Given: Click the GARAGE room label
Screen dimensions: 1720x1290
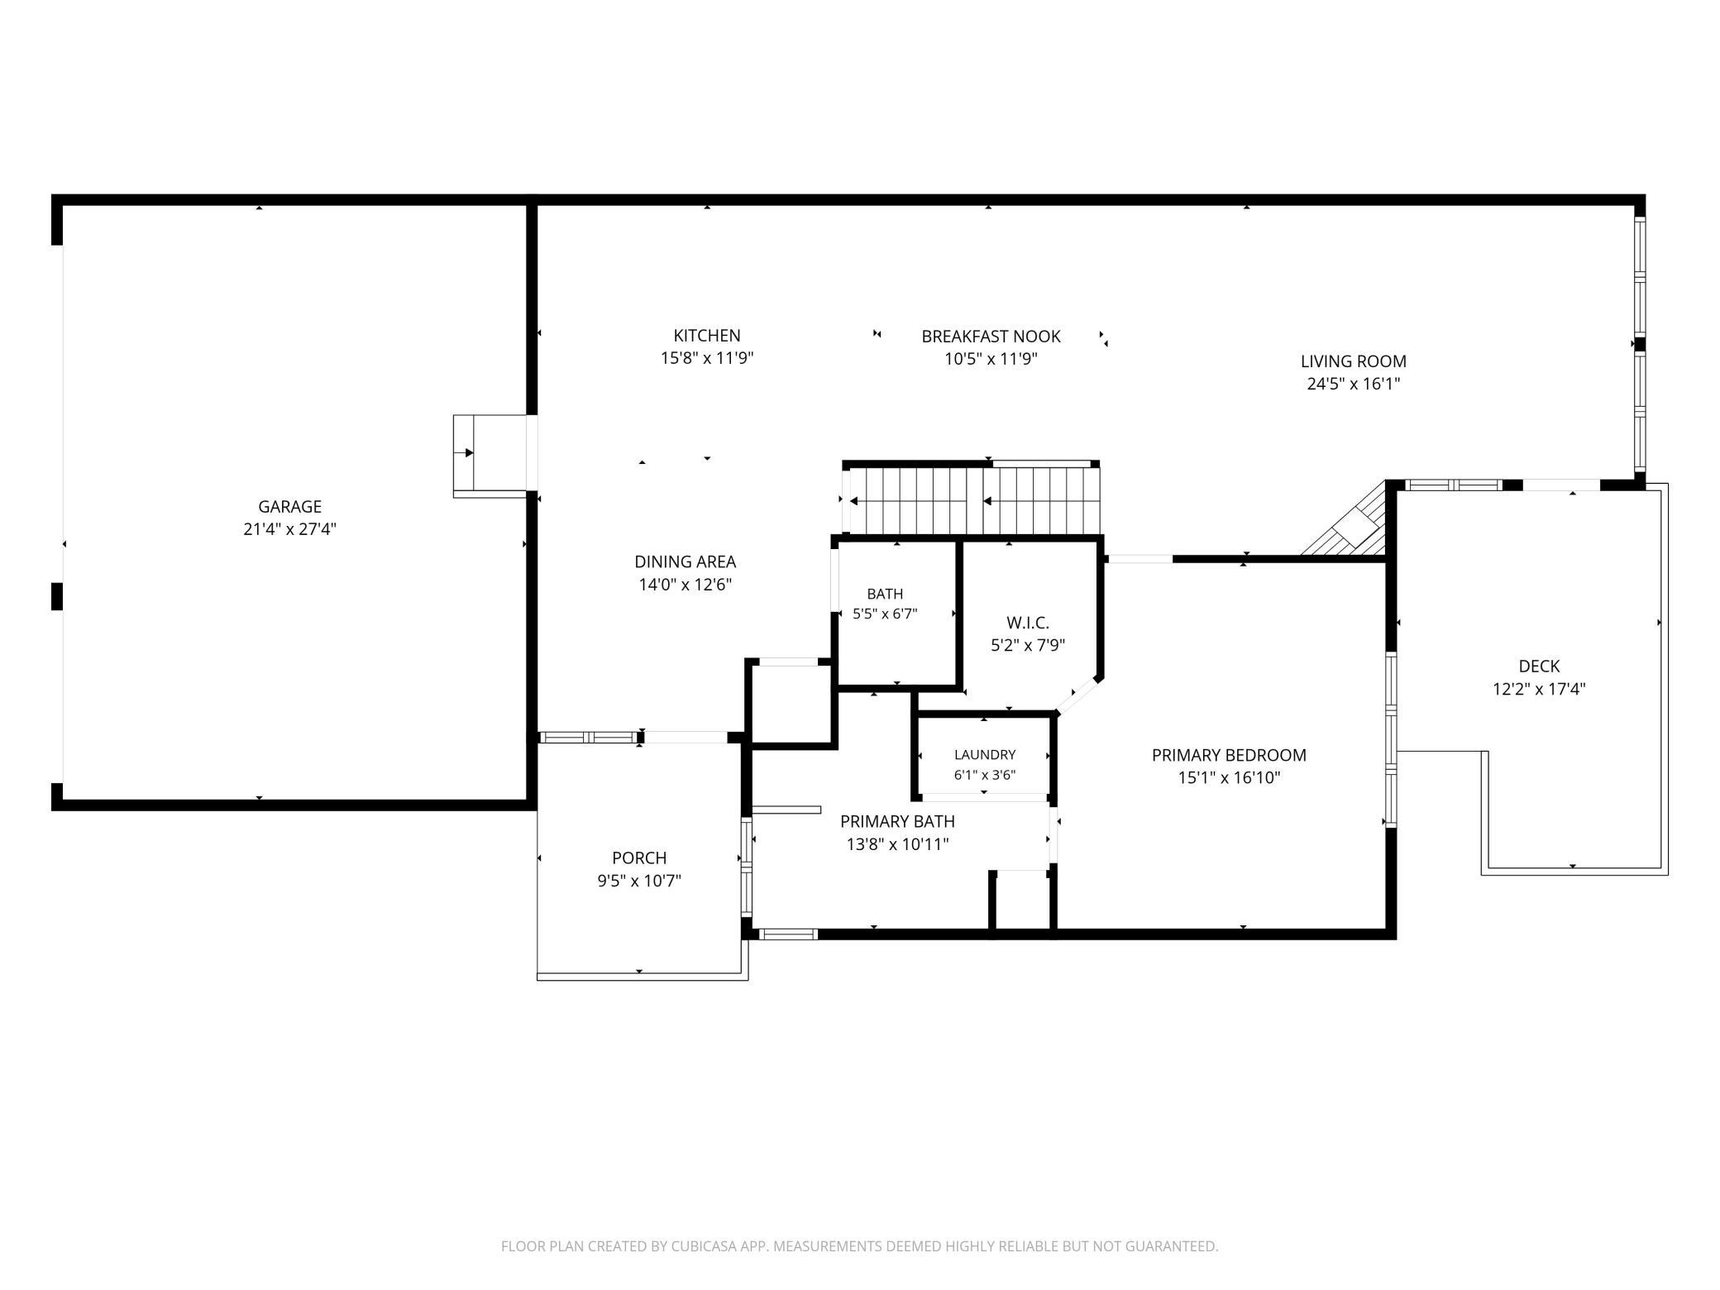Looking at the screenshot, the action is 289,506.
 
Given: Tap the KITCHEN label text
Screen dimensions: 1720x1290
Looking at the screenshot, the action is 707,336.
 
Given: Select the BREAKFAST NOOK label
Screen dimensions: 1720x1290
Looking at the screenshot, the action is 991,337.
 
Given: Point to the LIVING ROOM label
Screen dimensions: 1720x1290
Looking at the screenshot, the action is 1353,361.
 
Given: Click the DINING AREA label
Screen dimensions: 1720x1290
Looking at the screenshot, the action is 685,561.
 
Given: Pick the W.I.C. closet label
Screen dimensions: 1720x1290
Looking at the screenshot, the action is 1027,623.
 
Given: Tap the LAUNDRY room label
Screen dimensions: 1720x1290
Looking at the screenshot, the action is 984,754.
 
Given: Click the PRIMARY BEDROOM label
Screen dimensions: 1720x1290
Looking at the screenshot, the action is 1229,755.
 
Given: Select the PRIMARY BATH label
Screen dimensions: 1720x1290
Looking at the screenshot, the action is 897,821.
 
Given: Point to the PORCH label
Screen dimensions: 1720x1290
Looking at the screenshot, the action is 639,858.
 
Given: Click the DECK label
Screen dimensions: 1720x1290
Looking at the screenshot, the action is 1539,666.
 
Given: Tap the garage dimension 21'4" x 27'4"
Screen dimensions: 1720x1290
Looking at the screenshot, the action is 289,529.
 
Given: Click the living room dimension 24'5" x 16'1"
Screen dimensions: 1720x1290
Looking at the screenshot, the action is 1353,384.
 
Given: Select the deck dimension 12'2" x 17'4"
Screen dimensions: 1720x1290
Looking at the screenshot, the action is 1539,689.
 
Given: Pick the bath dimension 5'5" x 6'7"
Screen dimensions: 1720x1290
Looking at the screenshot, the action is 885,614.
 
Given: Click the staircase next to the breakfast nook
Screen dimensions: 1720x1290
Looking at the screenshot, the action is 972,500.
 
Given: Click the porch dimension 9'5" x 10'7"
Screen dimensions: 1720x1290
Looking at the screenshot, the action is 639,881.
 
